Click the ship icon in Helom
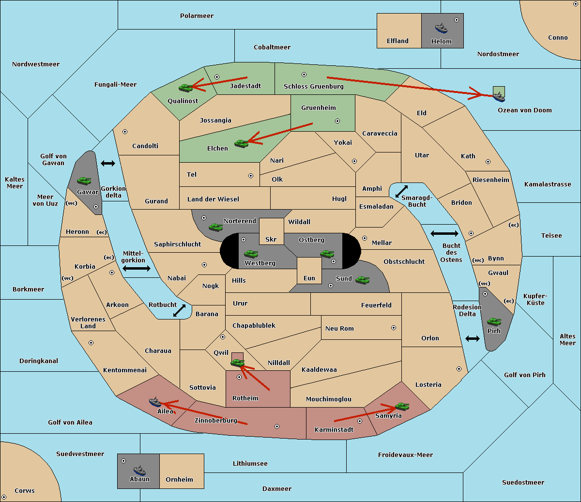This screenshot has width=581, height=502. click(441, 28)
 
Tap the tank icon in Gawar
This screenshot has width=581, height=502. click(84, 181)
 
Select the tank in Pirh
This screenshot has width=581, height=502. click(494, 321)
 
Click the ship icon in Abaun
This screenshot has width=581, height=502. click(140, 470)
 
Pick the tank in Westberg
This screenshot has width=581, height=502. click(251, 254)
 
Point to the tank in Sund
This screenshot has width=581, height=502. click(362, 280)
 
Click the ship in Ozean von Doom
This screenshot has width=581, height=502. click(499, 97)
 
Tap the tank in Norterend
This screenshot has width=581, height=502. click(215, 227)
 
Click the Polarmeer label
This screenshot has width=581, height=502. click(197, 16)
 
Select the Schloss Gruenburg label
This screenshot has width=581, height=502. click(314, 86)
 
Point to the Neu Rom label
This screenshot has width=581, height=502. click(339, 328)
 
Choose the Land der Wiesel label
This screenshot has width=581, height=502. click(213, 199)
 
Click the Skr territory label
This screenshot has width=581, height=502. click(271, 239)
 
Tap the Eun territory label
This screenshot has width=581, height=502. click(309, 278)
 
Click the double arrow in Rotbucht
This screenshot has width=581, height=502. click(179, 310)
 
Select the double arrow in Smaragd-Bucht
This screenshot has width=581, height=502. click(401, 191)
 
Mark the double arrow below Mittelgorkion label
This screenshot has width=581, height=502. click(137, 268)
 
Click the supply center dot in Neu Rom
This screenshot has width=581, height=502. click(394, 328)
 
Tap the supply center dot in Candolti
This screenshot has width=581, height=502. click(125, 132)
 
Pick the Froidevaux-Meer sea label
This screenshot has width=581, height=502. click(405, 455)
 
